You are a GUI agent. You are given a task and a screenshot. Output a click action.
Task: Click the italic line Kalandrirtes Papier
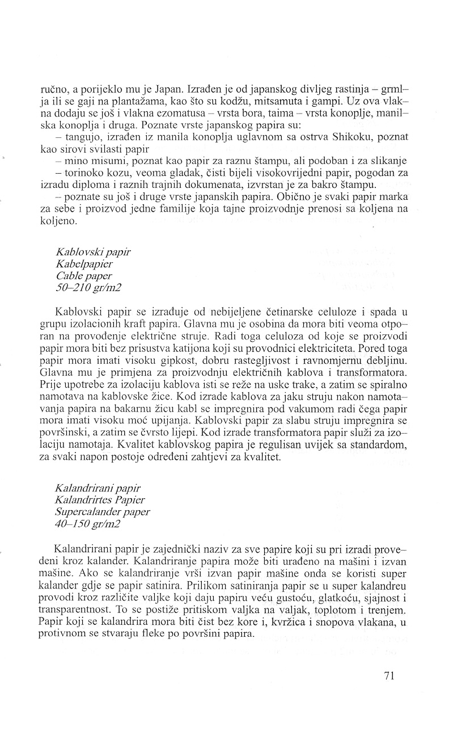coord(100,500)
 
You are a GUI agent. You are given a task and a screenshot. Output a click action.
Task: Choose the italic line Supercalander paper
coord(103,512)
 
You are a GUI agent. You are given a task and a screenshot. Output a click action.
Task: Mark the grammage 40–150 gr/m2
coord(88,523)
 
